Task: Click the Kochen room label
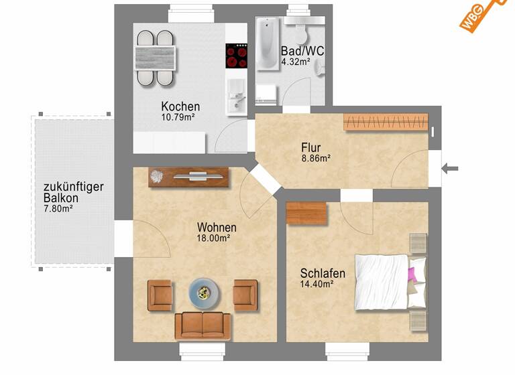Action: tap(180, 106)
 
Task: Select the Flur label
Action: tap(310, 147)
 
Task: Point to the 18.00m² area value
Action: tap(213, 238)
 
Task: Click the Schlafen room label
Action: tap(323, 273)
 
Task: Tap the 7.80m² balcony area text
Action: tap(58, 209)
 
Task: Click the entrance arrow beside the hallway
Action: tap(451, 167)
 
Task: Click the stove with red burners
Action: tap(237, 56)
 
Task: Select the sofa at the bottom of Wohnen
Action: tap(202, 325)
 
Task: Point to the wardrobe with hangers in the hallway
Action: tap(386, 122)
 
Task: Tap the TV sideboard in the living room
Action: tap(189, 177)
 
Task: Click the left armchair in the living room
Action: tap(160, 295)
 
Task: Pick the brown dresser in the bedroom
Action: tap(306, 213)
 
